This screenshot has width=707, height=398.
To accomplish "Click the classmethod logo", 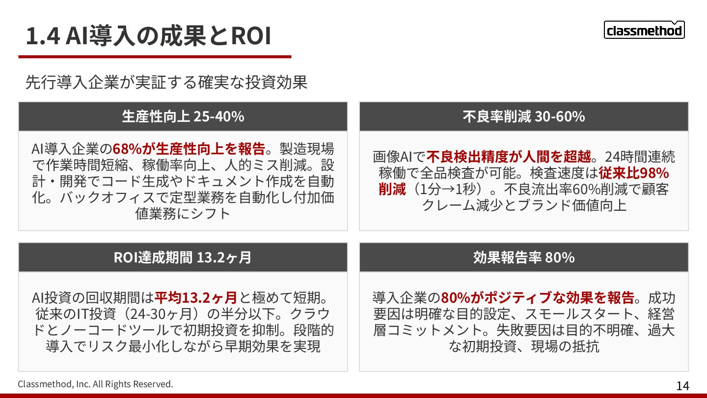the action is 644,30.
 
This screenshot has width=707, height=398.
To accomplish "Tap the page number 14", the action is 682,386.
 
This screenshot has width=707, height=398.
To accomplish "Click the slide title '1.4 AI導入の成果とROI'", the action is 148,36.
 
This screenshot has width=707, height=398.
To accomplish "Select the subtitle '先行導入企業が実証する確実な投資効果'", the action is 166,82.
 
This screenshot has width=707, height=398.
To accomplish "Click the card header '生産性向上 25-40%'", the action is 183,116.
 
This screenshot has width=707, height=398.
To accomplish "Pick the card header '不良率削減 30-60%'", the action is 523,116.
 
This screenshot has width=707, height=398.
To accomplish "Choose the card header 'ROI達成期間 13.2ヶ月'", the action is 183,257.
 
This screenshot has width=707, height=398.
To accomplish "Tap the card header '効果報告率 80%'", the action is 523,257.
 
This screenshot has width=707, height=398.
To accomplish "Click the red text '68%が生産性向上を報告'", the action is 189,148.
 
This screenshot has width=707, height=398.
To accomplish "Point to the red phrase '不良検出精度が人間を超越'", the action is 509,157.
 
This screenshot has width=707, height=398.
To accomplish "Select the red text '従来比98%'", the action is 634,173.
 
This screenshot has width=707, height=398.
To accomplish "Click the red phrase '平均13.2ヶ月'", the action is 196,298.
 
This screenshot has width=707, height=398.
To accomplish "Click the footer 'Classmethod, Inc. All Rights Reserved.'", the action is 96,384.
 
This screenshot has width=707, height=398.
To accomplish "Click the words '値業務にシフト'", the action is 183,213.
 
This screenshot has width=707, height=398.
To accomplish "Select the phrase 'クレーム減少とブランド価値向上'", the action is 524,205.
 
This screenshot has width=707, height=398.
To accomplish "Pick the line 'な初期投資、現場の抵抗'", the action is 524,346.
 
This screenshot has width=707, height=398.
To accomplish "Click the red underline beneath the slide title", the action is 155,57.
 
